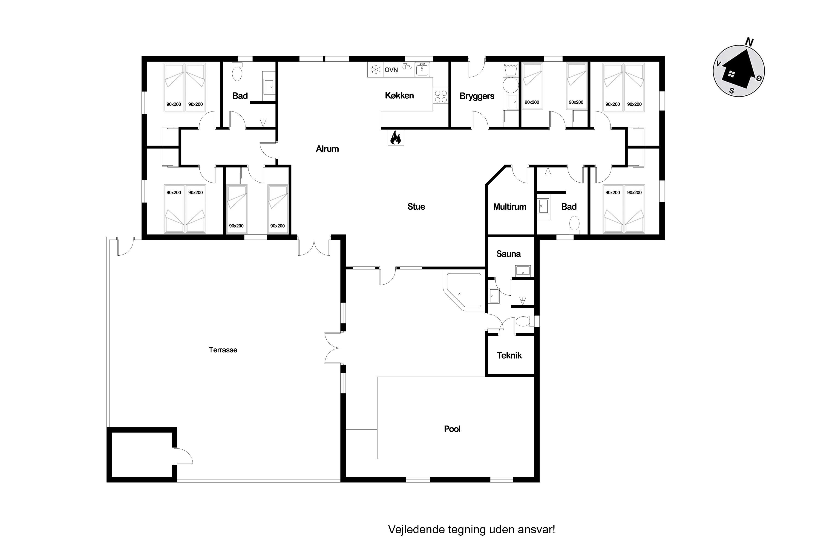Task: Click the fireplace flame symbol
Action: pos(395,137)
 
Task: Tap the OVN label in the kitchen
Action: pos(391,70)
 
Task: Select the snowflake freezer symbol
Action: pos(375,70)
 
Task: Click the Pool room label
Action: pos(452,429)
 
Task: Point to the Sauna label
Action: pos(508,254)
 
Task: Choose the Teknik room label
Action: pos(509,355)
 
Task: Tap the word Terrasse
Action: pos(223,350)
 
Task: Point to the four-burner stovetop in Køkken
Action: pos(441,96)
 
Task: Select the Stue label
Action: pos(416,207)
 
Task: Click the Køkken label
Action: pos(399,96)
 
